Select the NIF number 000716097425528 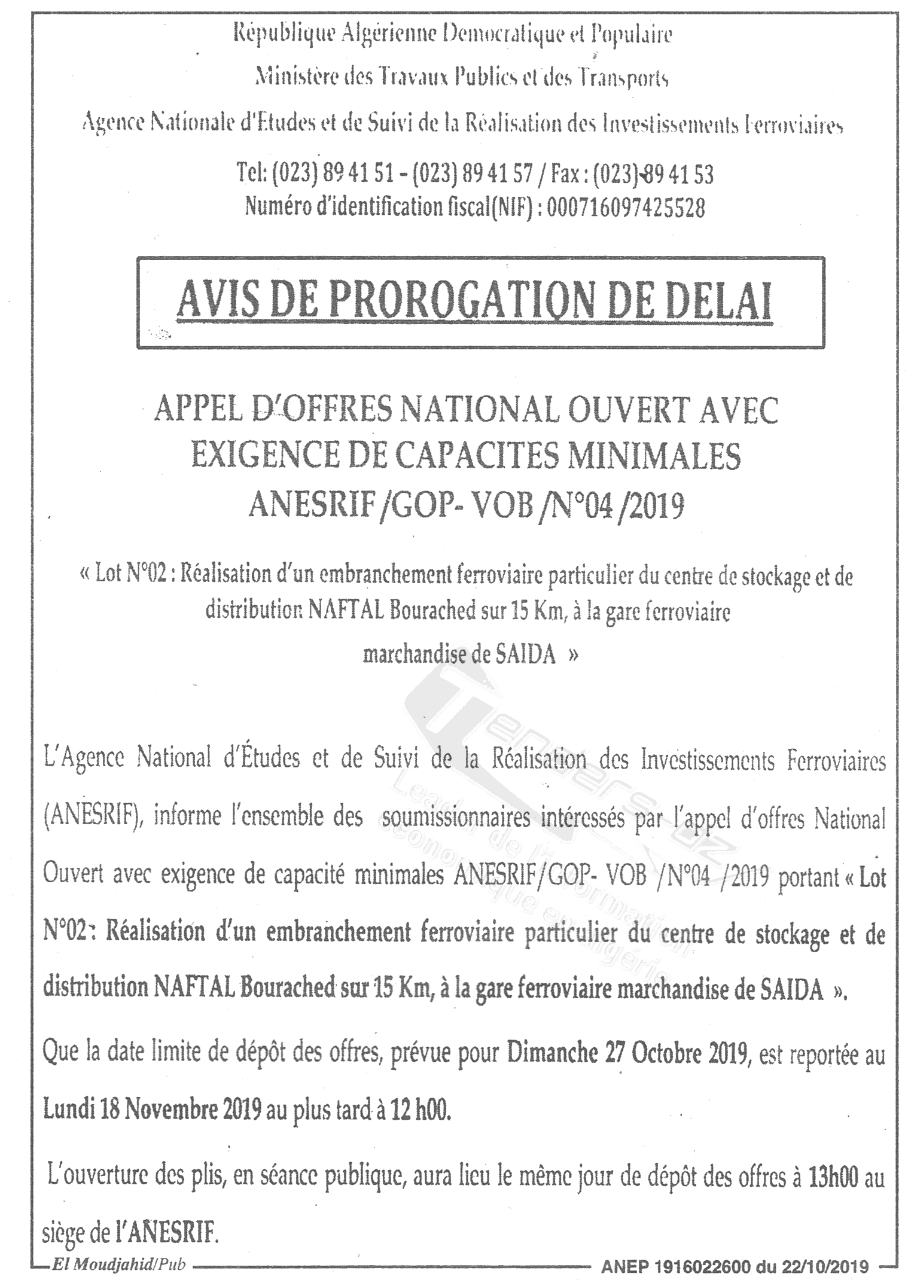[626, 208]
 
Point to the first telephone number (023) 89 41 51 [332, 174]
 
